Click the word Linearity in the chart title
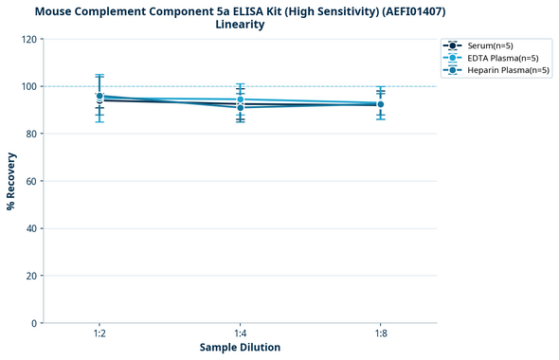[x=240, y=25]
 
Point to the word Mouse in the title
[x=55, y=10]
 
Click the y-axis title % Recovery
[x=12, y=180]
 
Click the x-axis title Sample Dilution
[x=240, y=348]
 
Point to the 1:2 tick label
[x=99, y=333]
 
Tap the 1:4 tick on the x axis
[x=240, y=333]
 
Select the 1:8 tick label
[x=380, y=333]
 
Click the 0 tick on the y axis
[x=34, y=323]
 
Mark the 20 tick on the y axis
[x=31, y=276]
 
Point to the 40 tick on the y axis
[x=31, y=228]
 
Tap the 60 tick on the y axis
[x=31, y=181]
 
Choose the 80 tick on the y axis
[x=31, y=134]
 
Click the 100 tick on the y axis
[x=28, y=86]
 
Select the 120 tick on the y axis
[x=28, y=40]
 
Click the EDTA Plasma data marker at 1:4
[x=240, y=99]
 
